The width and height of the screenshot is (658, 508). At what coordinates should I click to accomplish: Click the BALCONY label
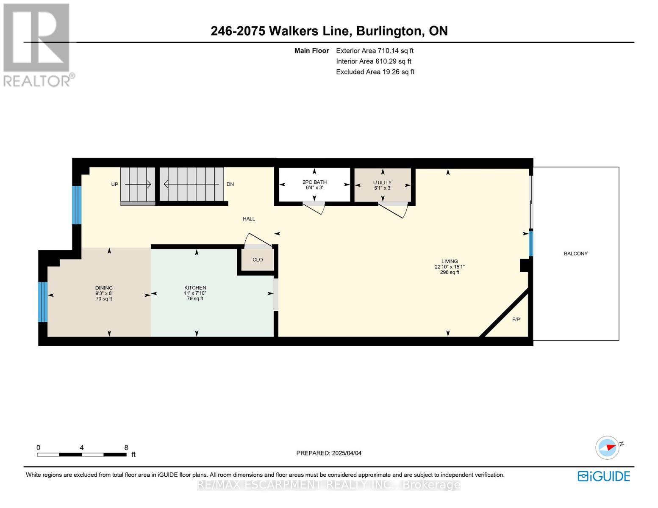(x=575, y=254)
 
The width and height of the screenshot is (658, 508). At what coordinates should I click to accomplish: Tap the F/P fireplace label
(x=516, y=320)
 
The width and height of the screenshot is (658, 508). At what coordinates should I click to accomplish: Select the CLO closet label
(x=258, y=260)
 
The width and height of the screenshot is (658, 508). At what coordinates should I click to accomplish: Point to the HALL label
(x=249, y=219)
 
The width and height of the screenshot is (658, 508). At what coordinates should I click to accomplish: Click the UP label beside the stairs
(x=114, y=184)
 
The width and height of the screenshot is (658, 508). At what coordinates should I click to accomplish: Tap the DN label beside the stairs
(x=230, y=184)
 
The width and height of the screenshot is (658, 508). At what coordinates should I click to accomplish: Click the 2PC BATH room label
(x=315, y=182)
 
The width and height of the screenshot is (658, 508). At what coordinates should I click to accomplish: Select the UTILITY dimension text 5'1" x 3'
(x=383, y=188)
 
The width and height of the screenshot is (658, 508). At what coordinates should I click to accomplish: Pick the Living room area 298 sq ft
(x=450, y=272)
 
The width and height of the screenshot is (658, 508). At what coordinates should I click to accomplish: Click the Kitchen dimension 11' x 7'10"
(x=195, y=293)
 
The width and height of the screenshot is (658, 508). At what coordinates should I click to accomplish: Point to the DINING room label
(x=104, y=288)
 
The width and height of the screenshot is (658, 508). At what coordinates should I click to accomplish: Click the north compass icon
(x=608, y=448)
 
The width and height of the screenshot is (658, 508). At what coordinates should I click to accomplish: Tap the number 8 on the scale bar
(x=126, y=447)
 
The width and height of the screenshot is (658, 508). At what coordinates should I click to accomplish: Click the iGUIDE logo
(x=604, y=476)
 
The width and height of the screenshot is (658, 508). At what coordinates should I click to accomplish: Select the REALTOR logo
(x=38, y=45)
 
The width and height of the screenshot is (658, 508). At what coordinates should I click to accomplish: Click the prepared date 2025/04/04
(x=347, y=453)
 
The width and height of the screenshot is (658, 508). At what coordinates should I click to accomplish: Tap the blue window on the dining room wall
(x=43, y=302)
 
